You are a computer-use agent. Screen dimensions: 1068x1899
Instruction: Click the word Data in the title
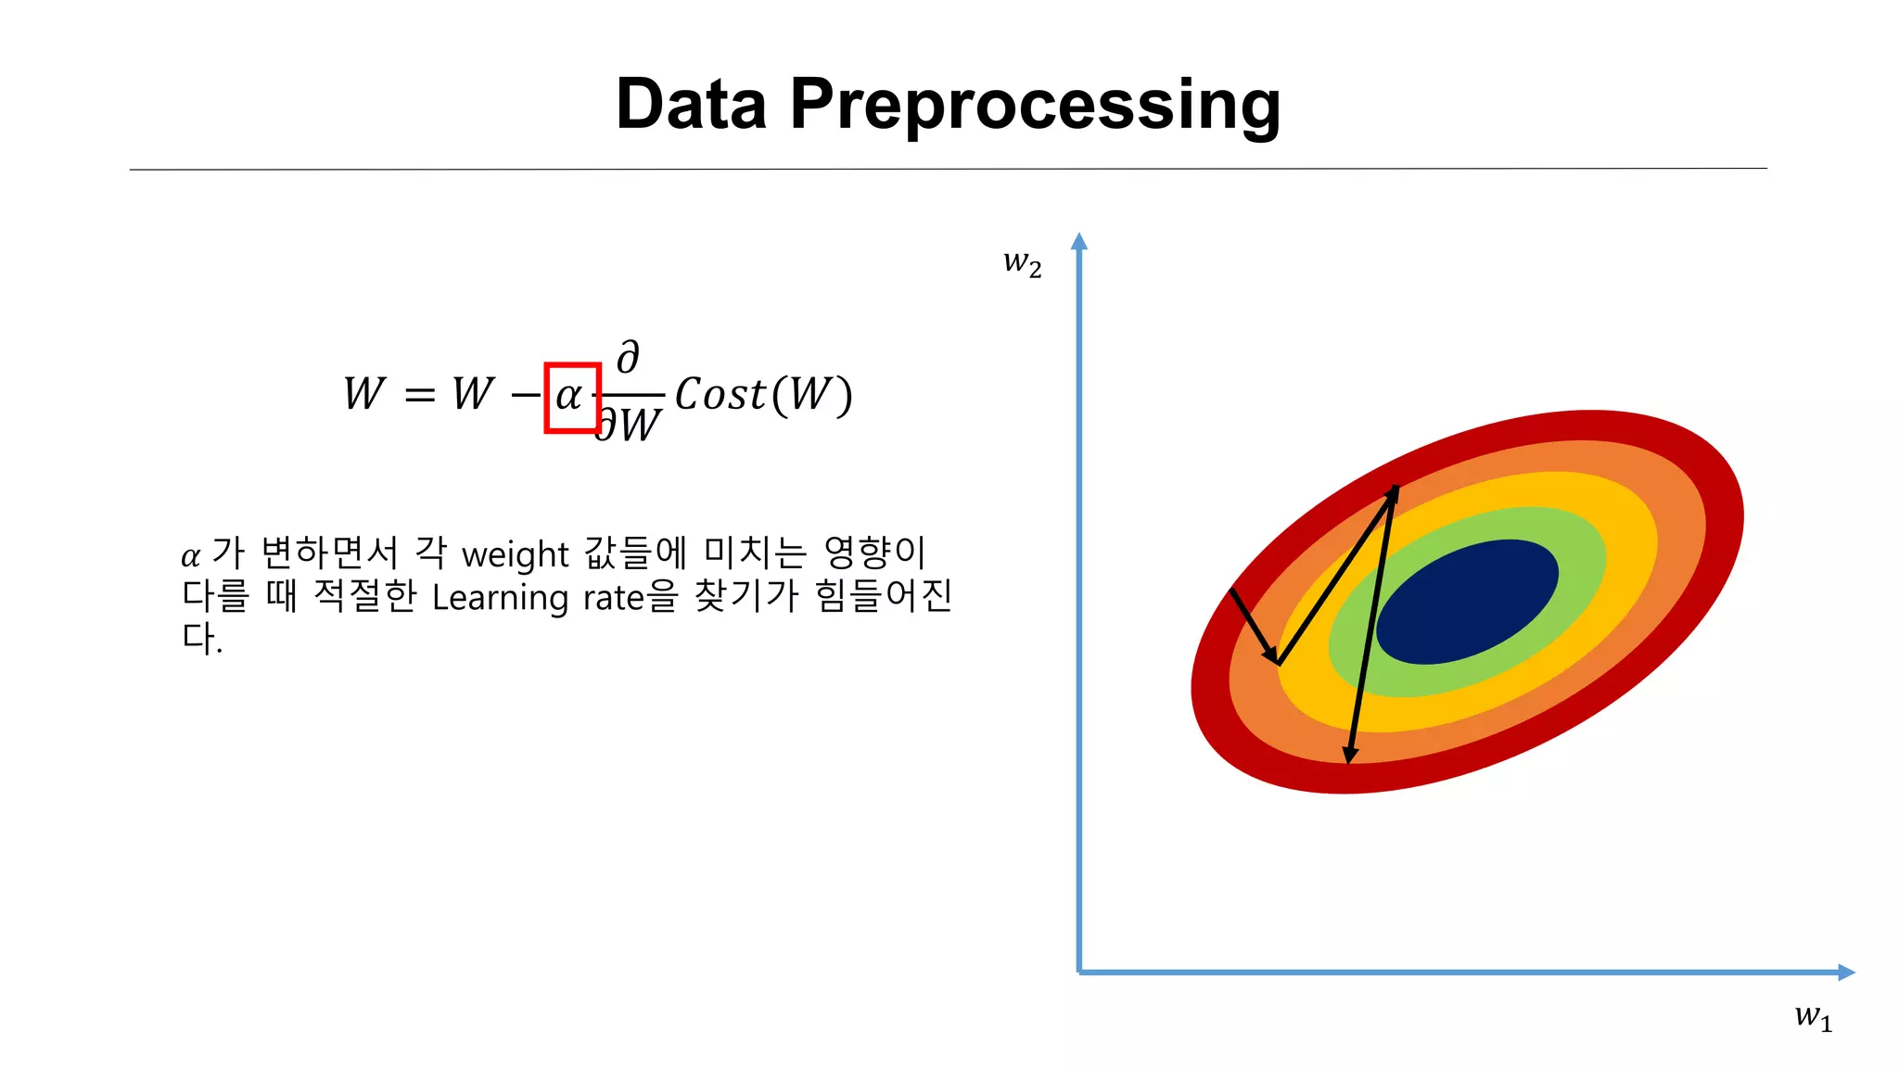coord(691,104)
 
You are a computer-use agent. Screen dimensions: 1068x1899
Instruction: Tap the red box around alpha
coord(572,398)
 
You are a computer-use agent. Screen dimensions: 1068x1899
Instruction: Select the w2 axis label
coord(1022,263)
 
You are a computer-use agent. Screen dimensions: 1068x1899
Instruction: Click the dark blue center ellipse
coord(1467,602)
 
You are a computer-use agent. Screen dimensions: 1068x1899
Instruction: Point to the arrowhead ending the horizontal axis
coord(1845,972)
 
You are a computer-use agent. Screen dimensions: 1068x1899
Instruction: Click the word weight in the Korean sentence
coord(515,554)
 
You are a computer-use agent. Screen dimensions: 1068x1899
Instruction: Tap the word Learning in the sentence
coord(501,598)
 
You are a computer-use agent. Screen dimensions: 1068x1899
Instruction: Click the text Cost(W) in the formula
coord(762,395)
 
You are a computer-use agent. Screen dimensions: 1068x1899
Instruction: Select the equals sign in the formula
coord(419,396)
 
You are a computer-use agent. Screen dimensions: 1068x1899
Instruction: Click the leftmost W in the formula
coord(363,394)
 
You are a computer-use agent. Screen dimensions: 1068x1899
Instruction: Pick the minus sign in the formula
coord(526,396)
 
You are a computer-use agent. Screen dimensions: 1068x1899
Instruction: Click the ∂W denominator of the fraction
coord(629,426)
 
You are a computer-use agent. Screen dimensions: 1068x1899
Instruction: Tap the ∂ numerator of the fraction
coord(628,357)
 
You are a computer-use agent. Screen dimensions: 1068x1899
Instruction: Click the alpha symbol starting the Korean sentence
coord(190,556)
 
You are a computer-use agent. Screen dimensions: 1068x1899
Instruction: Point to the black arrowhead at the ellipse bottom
coord(1350,755)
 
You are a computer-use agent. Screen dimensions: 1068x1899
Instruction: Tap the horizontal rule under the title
coord(948,169)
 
